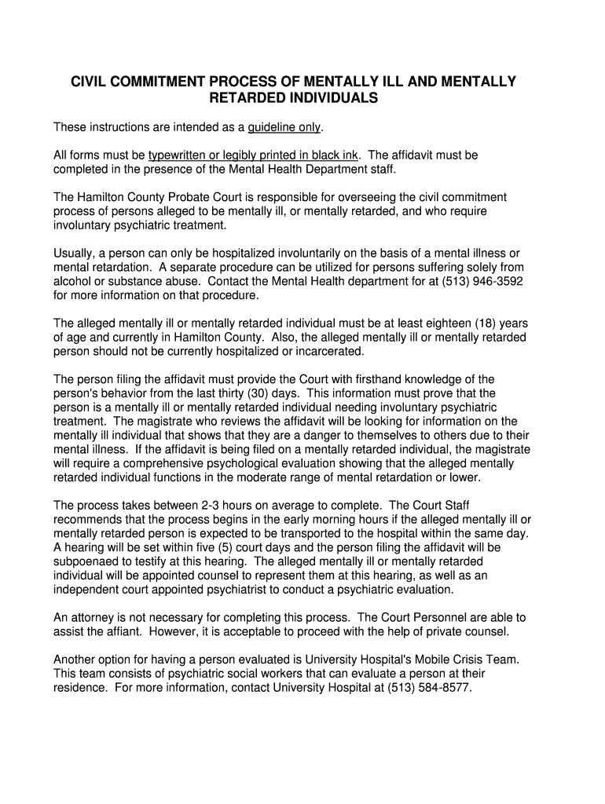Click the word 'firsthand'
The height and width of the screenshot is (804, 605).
point(393,380)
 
